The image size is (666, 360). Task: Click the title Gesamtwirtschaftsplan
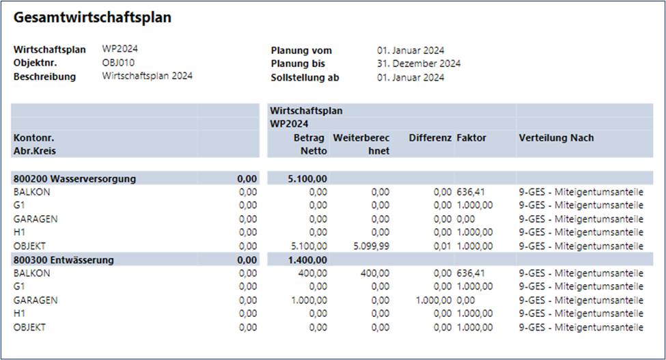coord(92,18)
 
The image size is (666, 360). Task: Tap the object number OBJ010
coord(119,63)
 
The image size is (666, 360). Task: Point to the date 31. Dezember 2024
coord(419,64)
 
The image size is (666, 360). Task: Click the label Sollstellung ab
coord(305,77)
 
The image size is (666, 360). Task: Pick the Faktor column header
coord(471,138)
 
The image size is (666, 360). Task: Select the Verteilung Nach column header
coord(556,138)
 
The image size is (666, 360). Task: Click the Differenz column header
coord(430,138)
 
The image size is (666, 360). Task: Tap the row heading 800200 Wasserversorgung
coord(74,179)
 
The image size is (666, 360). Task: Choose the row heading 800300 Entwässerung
coord(64,260)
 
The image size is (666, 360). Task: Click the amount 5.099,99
coord(371,246)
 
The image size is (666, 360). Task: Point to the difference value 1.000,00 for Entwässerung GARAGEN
coord(434,300)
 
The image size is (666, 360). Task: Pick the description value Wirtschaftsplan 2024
coord(148,77)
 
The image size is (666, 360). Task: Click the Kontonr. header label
coord(33,138)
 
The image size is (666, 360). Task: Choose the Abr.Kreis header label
coord(33,151)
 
